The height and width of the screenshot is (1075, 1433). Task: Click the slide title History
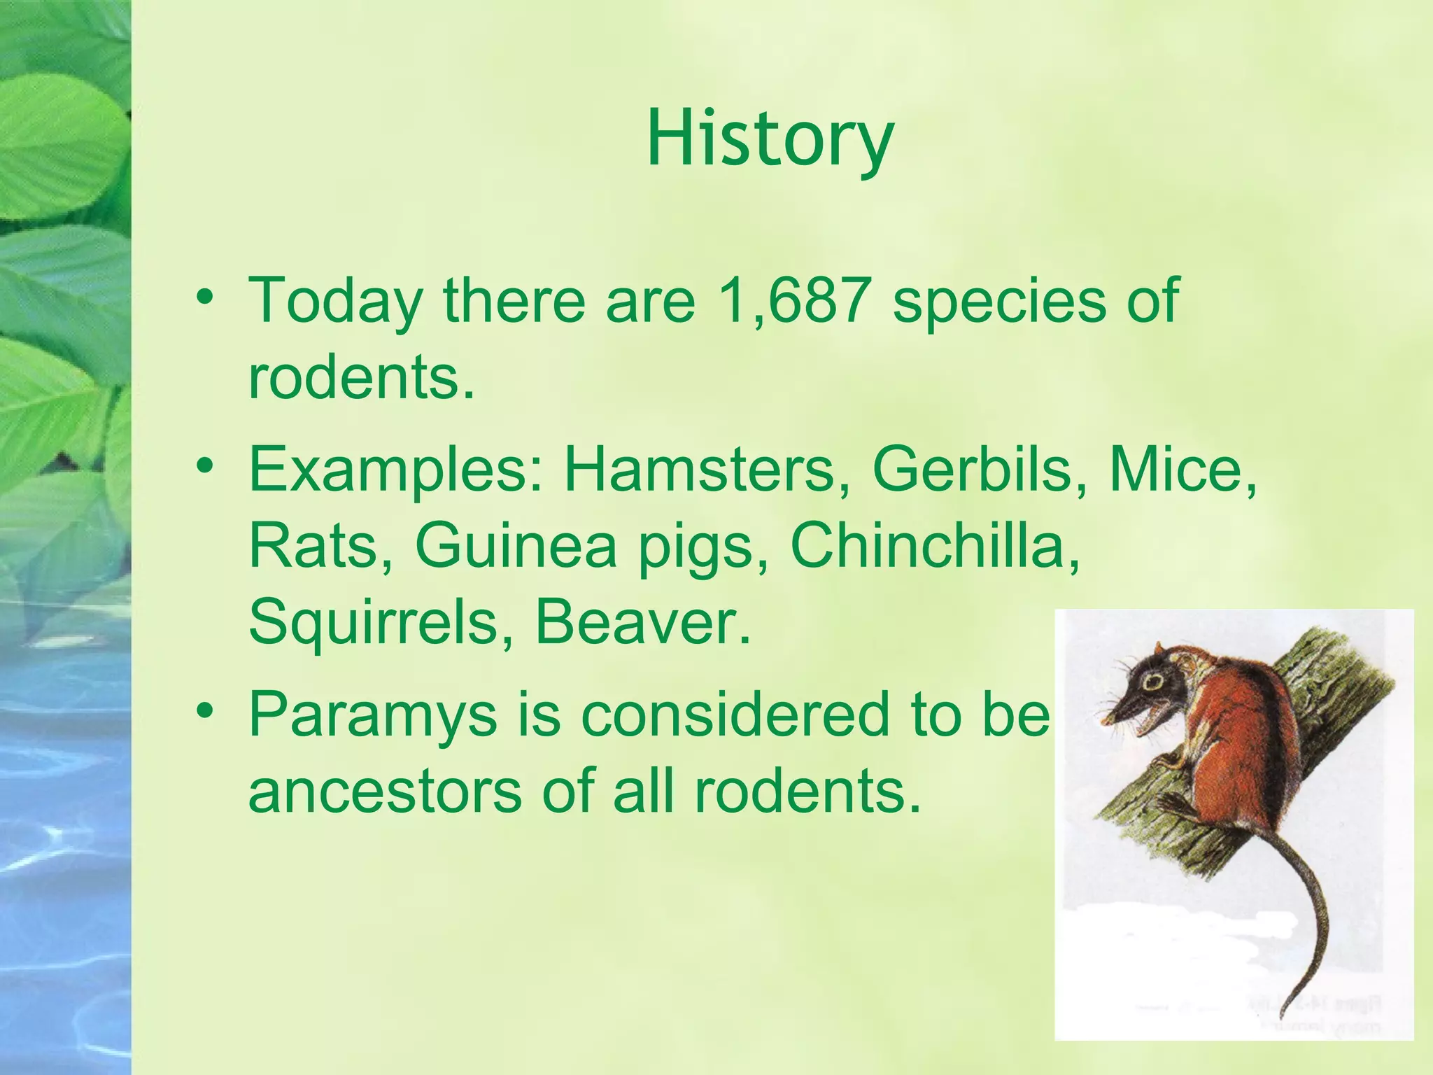pyautogui.click(x=770, y=140)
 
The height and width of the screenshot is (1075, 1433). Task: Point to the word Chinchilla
pyautogui.click(x=934, y=546)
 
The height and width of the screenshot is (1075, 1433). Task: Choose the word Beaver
pyautogui.click(x=642, y=623)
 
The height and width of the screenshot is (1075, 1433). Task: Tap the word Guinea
pyautogui.click(x=516, y=546)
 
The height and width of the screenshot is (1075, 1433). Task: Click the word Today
pyautogui.click(x=336, y=301)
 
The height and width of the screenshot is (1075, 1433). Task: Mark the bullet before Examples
pyautogui.click(x=204, y=465)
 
